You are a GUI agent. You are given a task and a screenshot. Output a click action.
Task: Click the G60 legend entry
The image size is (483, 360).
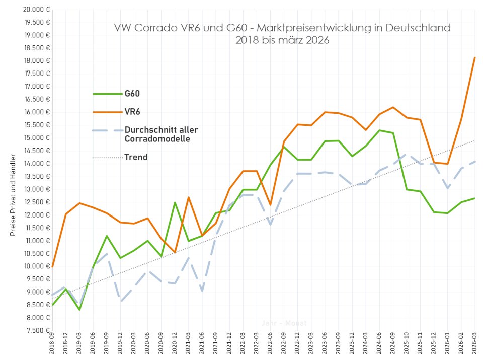132,94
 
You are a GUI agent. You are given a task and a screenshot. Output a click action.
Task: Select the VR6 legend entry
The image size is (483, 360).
132,112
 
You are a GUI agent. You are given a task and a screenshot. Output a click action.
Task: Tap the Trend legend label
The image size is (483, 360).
136,157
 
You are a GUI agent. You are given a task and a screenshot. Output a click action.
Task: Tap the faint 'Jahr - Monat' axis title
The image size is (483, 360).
284,323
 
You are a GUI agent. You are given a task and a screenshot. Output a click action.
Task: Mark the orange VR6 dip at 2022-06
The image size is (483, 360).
271,205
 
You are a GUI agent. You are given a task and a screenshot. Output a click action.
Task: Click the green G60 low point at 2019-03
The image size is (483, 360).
79,309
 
